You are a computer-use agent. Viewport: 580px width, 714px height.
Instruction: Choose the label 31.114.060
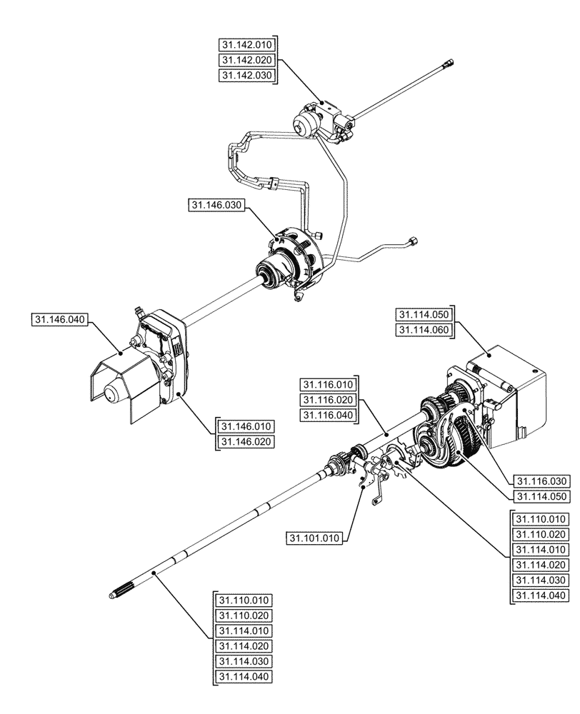[x=424, y=330]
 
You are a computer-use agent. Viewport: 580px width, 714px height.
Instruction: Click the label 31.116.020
[x=327, y=400]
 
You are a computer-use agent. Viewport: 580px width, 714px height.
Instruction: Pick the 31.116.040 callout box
[x=327, y=416]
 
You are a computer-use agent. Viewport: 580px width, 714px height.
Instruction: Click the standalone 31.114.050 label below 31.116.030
[x=541, y=496]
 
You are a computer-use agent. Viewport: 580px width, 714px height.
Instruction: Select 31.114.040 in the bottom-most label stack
[x=242, y=677]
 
